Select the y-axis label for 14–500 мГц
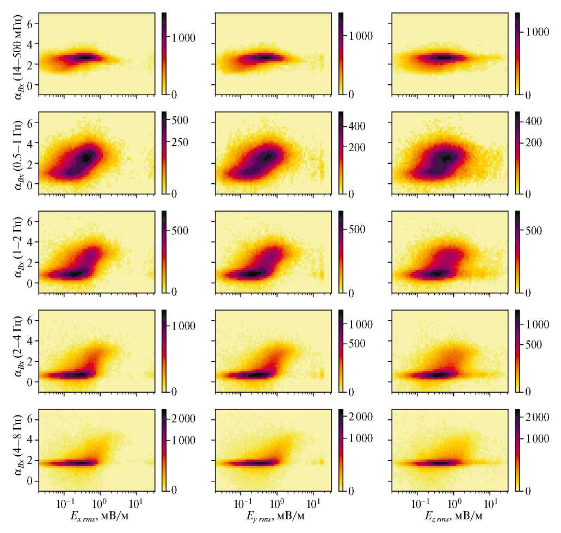17,54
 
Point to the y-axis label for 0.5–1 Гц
17,153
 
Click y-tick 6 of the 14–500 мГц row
30,23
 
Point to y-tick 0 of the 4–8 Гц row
30,481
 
